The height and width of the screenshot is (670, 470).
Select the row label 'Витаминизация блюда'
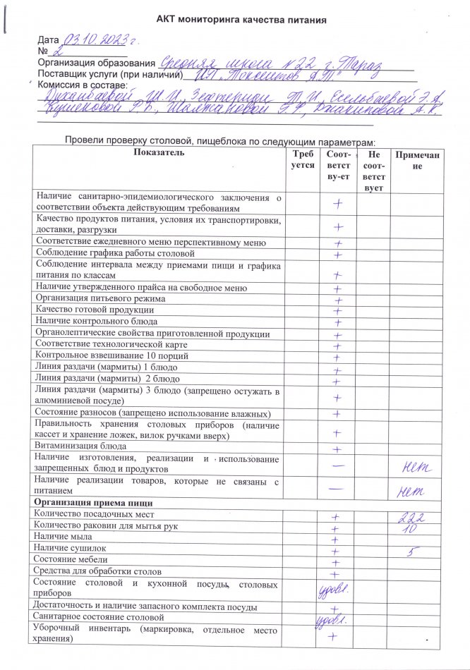pyautogui.click(x=80, y=447)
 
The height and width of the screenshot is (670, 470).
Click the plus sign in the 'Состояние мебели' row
pyautogui.click(x=337, y=562)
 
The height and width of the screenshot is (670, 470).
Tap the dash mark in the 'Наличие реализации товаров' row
pyautogui.click(x=337, y=488)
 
